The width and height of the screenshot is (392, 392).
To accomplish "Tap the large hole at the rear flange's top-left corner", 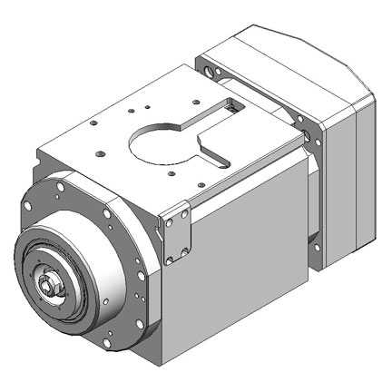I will coord(210,69).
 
